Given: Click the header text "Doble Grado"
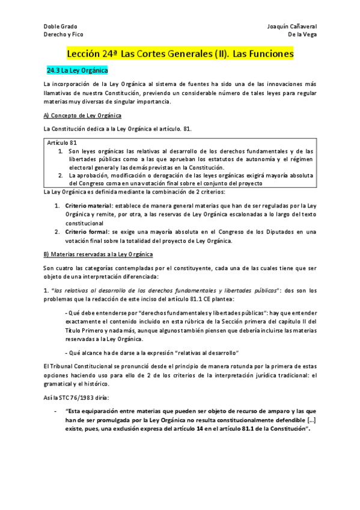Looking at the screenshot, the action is click(61, 26).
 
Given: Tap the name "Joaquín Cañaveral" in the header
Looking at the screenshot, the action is click(291, 26).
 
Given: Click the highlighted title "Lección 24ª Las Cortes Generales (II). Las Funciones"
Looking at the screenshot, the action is click(180, 54).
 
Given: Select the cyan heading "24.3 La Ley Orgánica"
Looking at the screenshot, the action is click(77, 71).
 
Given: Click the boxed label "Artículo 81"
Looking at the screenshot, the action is click(62, 143).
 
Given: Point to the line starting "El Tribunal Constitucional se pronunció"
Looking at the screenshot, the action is click(180, 366).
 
